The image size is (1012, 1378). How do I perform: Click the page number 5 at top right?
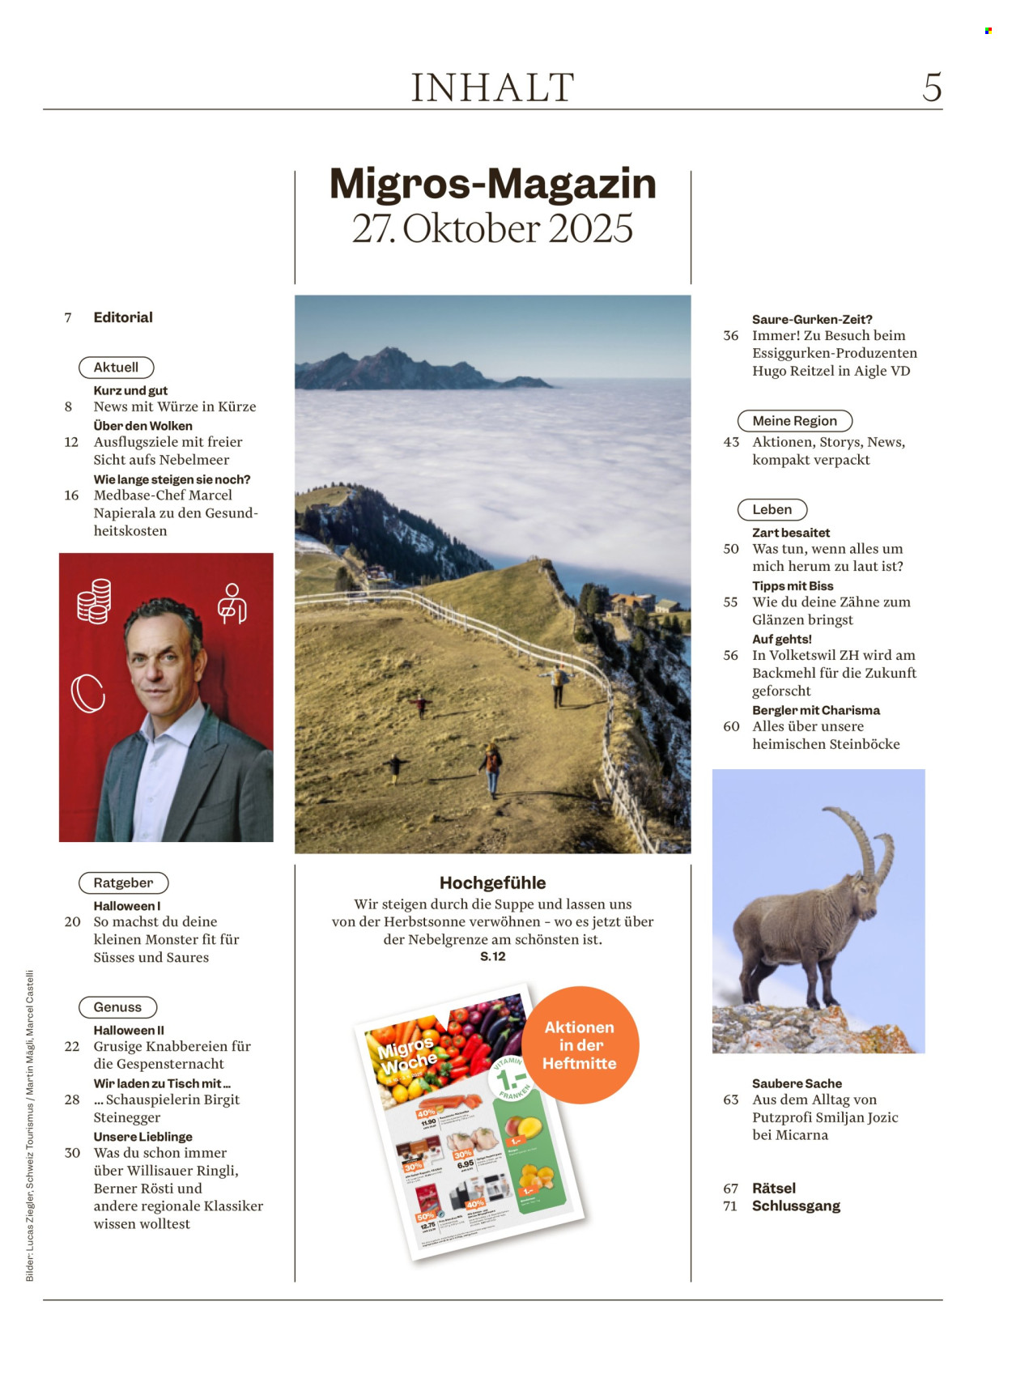pyautogui.click(x=932, y=87)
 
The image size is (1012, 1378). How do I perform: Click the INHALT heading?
pyautogui.click(x=492, y=87)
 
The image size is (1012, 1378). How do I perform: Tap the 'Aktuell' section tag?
pyautogui.click(x=116, y=368)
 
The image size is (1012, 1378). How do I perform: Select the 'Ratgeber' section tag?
pyautogui.click(x=123, y=883)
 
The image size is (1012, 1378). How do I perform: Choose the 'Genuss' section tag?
pyautogui.click(x=117, y=1007)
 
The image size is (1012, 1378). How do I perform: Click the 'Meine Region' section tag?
pyautogui.click(x=794, y=421)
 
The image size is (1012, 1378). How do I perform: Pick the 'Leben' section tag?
pyautogui.click(x=772, y=510)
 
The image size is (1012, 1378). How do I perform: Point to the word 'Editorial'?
pyautogui.click(x=123, y=317)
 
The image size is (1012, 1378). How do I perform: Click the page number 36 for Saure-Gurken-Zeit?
pyautogui.click(x=730, y=336)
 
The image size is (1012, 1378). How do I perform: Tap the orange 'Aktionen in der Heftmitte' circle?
pyautogui.click(x=580, y=1044)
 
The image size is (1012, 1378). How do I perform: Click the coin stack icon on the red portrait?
pyautogui.click(x=94, y=602)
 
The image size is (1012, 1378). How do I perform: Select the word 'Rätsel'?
pyautogui.click(x=774, y=1189)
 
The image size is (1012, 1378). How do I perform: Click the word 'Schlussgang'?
pyautogui.click(x=796, y=1206)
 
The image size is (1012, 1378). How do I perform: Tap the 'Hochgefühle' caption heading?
pyautogui.click(x=492, y=883)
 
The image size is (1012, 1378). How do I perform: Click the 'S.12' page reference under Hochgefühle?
pyautogui.click(x=492, y=957)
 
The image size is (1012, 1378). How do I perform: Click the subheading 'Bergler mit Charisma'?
pyautogui.click(x=815, y=710)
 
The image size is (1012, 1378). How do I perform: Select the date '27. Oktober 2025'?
pyautogui.click(x=492, y=229)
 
